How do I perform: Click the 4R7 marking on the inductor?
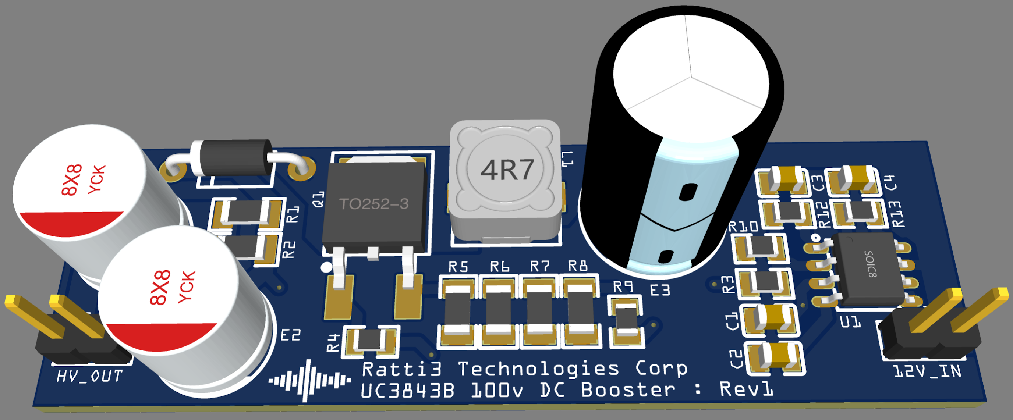click(507, 170)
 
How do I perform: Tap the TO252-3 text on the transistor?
click(373, 204)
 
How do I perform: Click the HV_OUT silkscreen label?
click(89, 376)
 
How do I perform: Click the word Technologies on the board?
click(538, 369)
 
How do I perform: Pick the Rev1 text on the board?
click(746, 389)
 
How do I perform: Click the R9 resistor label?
click(623, 287)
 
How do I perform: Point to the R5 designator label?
click(458, 267)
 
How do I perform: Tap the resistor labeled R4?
click(370, 340)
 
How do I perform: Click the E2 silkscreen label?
click(291, 335)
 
